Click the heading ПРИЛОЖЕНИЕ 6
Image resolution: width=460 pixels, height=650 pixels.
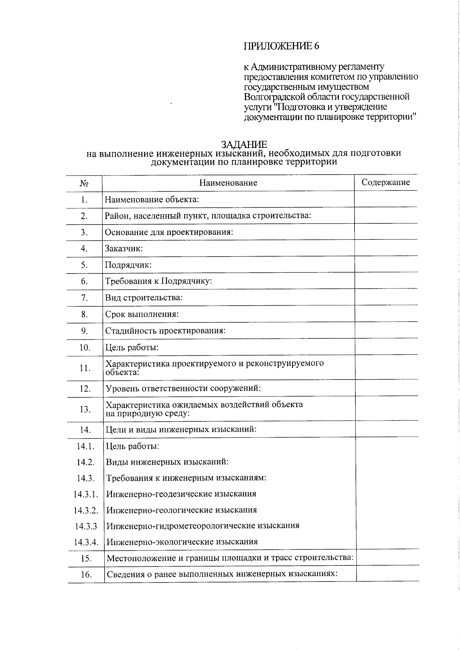coord(281,46)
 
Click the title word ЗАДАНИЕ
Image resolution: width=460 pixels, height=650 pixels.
coord(244,144)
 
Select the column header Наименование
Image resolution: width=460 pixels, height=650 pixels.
coord(228,183)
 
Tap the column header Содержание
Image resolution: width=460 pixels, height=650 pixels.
coord(386,182)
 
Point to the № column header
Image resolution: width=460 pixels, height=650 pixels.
coord(84,183)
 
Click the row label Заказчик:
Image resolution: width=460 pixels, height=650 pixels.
coord(124,249)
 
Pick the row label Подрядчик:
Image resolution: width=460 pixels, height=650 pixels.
coord(128,265)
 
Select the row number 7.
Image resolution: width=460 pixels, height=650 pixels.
coord(84,298)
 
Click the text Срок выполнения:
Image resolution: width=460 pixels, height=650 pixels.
coord(142,314)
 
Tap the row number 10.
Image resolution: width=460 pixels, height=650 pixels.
coord(85,348)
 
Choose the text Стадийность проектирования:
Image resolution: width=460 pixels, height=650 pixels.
coord(165,331)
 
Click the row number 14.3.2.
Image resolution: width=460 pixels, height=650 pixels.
coord(86,510)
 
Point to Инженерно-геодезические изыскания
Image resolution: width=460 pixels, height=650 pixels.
coord(181,494)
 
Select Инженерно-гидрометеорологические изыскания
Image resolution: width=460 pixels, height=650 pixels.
coord(203,526)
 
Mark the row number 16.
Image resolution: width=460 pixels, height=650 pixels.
coord(86,575)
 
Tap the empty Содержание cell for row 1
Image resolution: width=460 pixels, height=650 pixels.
coord(386,200)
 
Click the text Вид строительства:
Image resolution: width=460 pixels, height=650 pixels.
coord(144,298)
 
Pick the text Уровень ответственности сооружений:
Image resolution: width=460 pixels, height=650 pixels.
coord(183,388)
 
